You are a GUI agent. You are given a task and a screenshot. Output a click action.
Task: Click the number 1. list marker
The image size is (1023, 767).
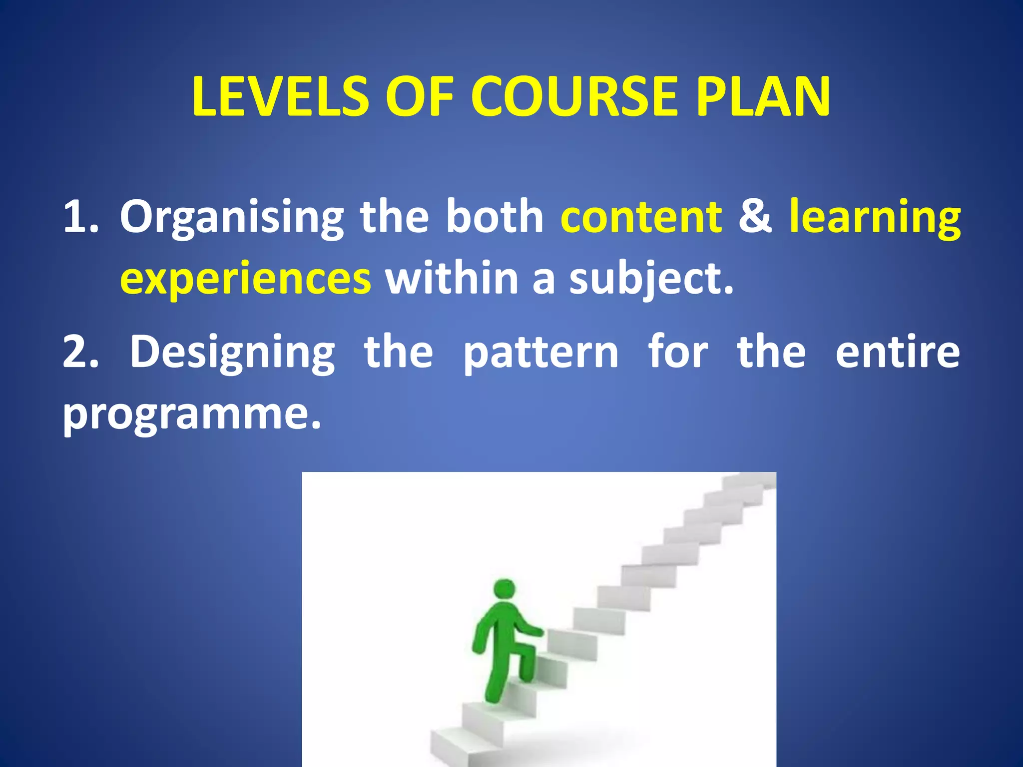coord(81,217)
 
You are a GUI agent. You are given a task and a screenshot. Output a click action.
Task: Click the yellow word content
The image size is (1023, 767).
coord(641,217)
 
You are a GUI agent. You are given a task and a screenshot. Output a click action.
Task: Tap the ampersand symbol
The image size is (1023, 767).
coord(755,217)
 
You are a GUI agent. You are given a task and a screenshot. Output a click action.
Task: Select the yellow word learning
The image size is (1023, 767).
coord(875,218)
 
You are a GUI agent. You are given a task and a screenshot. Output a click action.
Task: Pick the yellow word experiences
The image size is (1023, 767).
coord(245,279)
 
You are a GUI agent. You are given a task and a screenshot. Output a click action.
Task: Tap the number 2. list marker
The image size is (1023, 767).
coord(81,353)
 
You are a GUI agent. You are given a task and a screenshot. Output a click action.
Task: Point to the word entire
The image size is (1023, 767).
coord(897,353)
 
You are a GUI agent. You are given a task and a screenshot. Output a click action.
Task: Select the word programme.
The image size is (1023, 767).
coord(191,414)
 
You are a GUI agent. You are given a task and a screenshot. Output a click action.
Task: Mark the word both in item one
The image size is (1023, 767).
coord(495,217)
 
